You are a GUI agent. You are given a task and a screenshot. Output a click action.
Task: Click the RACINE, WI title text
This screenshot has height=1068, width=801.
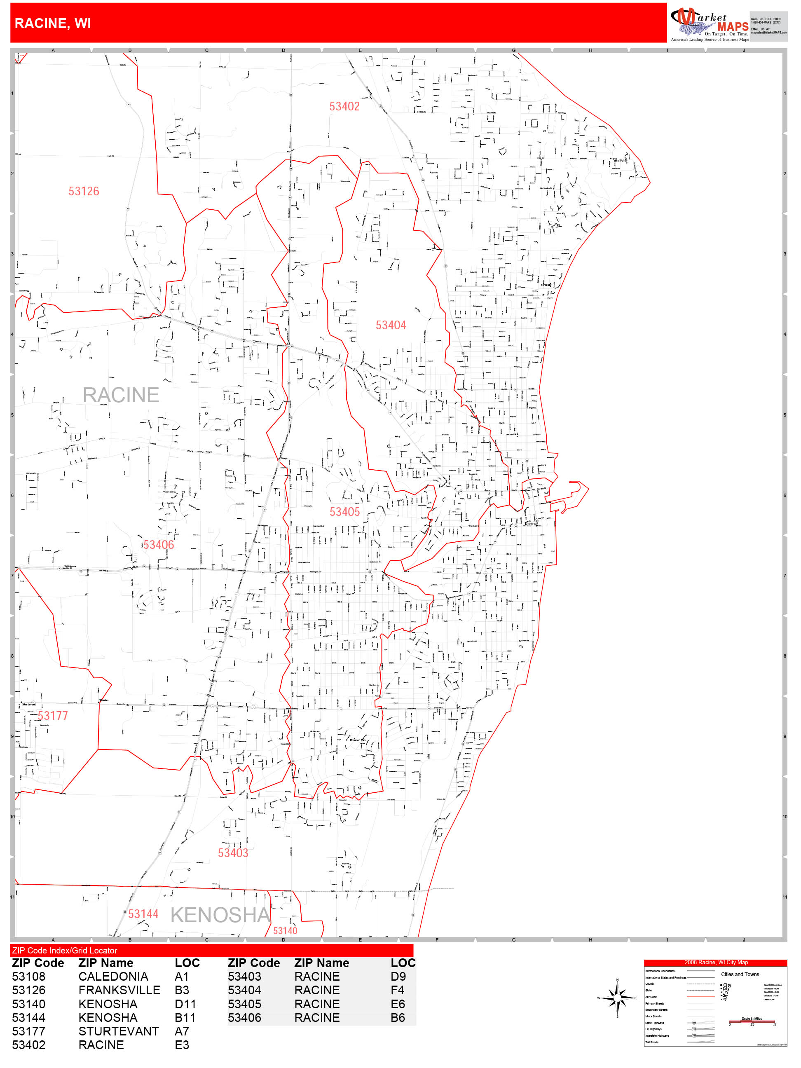53,23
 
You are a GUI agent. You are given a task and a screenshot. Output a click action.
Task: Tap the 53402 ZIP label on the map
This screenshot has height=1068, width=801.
344,106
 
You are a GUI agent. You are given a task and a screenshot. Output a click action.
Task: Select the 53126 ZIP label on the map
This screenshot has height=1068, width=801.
84,191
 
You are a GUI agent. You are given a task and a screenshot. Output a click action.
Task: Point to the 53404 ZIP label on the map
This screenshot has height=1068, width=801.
391,326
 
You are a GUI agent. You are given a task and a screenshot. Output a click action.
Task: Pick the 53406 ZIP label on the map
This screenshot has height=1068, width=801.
158,545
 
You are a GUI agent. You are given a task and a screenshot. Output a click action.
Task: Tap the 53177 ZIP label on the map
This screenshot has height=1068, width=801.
53,716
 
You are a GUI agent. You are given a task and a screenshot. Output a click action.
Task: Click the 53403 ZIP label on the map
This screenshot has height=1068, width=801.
233,853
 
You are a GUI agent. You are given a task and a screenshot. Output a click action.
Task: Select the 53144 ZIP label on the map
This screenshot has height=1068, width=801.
143,914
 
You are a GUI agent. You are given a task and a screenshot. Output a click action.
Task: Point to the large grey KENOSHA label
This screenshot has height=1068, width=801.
220,915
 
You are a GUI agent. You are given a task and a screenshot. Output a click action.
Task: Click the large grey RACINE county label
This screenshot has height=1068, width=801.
121,395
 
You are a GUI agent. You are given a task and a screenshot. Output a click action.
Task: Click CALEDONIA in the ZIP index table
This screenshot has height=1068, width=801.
113,976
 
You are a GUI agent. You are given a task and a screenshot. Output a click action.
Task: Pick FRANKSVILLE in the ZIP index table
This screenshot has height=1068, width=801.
119,990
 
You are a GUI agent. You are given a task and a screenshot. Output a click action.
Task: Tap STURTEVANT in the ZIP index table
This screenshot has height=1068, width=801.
118,1031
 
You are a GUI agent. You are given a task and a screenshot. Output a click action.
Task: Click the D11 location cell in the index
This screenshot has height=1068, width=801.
185,1004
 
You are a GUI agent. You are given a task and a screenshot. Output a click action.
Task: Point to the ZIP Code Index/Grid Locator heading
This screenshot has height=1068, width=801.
65,950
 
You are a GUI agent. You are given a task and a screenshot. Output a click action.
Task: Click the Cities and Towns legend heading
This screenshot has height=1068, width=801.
740,974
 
